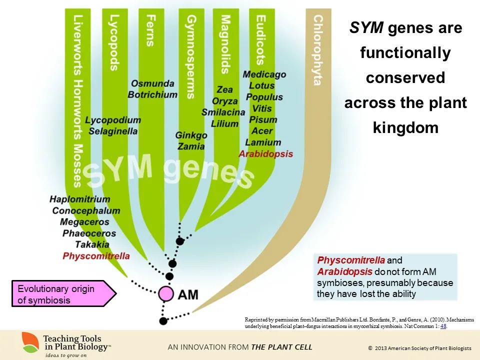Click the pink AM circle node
(166, 293)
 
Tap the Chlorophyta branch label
(317, 50)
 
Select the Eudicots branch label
(260, 40)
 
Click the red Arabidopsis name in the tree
(266, 154)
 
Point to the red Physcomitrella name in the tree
(96, 256)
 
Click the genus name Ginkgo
(191, 135)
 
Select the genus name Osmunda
(152, 83)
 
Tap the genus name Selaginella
(113, 131)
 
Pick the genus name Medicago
(264, 74)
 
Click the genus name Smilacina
(223, 112)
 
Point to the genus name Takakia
(92, 244)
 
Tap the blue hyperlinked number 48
(443, 326)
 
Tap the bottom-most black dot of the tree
(163, 320)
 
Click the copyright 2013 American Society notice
(419, 347)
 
